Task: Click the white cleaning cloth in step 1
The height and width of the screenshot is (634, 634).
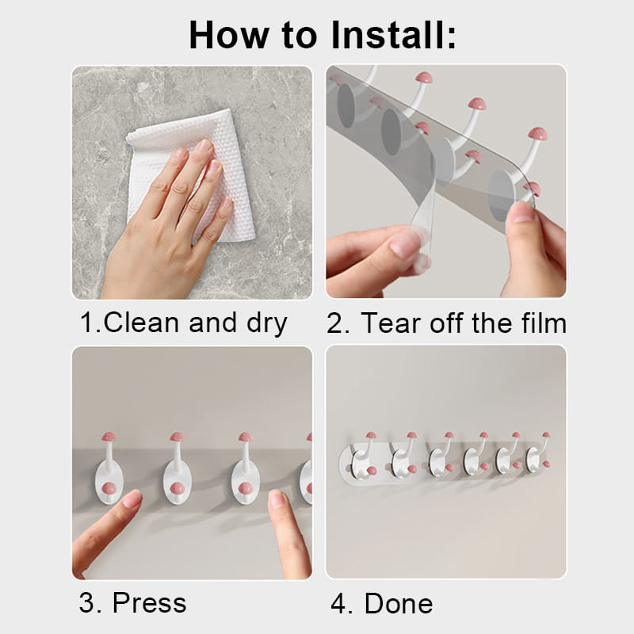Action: tap(192, 174)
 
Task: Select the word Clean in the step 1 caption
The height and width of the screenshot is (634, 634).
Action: tap(141, 323)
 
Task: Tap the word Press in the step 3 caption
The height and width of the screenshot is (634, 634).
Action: tap(149, 602)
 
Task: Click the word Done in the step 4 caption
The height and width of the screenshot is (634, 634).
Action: tap(399, 603)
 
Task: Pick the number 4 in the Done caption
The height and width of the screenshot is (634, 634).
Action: tap(338, 603)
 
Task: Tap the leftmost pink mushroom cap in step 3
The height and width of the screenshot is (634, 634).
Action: tap(109, 437)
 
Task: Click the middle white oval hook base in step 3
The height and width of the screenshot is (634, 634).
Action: tap(177, 483)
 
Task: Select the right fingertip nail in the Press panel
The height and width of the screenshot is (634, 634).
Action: tap(277, 499)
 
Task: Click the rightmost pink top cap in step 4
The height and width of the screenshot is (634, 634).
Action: tap(546, 435)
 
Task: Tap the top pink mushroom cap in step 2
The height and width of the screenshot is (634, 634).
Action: tap(424, 77)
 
